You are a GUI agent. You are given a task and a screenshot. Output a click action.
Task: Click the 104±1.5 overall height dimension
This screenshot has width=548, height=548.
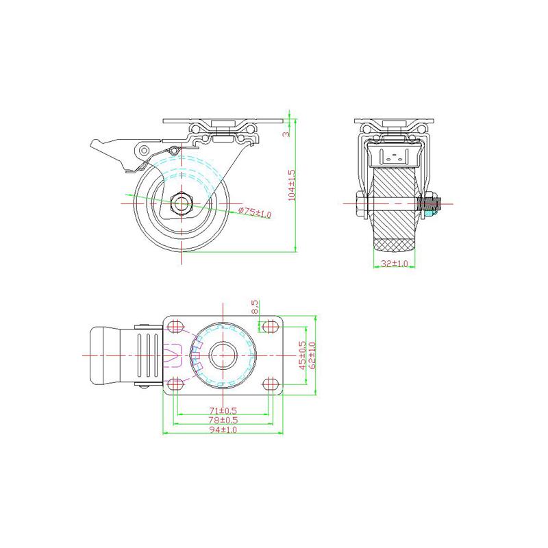pos(292,184)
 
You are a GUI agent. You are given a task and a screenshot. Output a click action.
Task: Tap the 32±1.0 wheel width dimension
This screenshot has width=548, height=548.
pos(394,263)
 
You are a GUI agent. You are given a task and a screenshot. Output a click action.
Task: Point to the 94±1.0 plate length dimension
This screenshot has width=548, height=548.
pos(223,429)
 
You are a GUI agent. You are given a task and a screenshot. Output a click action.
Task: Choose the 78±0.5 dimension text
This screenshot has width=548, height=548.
pos(223,419)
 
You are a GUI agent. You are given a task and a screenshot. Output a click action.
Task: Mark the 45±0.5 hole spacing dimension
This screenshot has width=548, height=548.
pos(302,355)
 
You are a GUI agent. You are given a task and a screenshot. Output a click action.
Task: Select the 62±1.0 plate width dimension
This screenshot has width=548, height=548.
pos(312,355)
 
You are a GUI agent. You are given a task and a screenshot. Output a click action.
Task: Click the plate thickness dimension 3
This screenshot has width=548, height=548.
pos(287,134)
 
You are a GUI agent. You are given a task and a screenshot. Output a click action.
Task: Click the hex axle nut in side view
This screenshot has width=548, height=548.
pos(182,203)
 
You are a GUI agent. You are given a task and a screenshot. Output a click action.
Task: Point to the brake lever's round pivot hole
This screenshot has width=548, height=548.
pos(144,150)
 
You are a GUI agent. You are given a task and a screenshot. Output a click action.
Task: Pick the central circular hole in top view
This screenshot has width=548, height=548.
pos(223,355)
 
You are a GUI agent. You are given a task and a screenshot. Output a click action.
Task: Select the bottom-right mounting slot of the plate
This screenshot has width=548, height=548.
pos(269,383)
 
